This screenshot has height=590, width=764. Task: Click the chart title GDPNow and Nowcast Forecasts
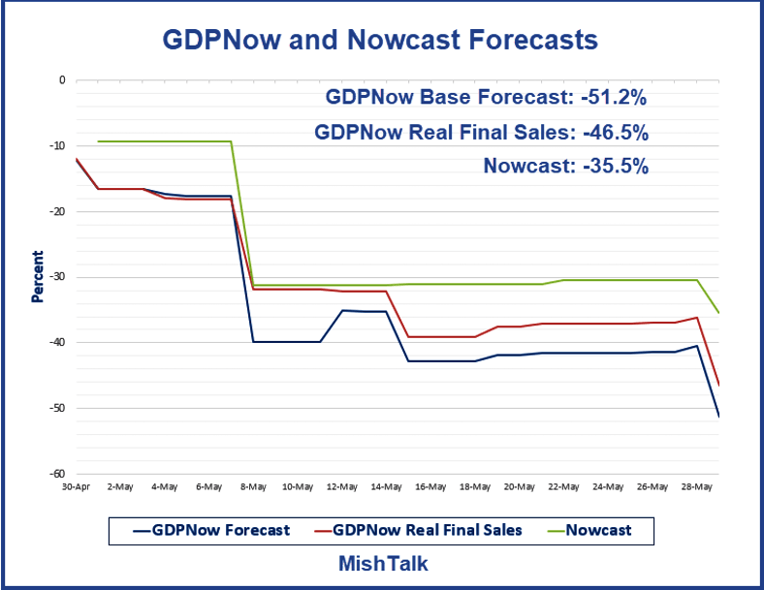pos(379,40)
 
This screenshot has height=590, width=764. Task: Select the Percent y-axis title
pos(38,276)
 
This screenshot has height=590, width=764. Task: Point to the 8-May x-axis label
pos(253,486)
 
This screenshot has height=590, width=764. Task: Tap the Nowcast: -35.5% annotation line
pos(565,166)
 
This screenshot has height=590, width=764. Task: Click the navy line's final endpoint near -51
pos(718,417)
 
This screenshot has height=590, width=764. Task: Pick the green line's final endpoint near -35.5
pos(718,313)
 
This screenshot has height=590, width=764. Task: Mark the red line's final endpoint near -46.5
pos(718,386)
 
